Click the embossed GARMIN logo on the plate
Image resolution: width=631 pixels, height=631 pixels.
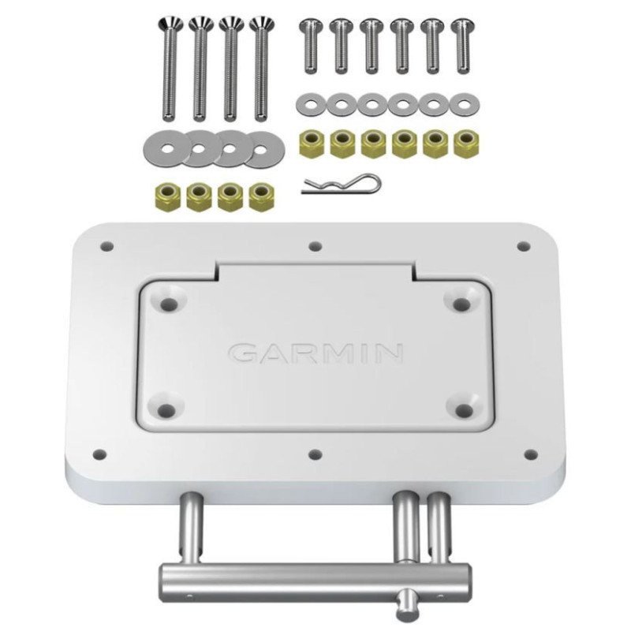tap(315, 353)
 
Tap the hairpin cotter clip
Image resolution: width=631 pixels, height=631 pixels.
tap(341, 184)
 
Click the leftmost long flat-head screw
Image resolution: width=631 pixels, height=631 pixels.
tap(170, 69)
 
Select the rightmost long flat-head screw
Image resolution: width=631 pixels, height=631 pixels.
tap(261, 69)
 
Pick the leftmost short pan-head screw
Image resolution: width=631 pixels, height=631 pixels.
tap(311, 47)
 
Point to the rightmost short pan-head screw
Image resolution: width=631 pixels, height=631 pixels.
tap(463, 47)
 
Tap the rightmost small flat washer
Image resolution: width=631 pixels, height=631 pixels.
tap(464, 105)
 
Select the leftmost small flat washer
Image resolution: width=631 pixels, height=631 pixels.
tap(311, 105)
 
